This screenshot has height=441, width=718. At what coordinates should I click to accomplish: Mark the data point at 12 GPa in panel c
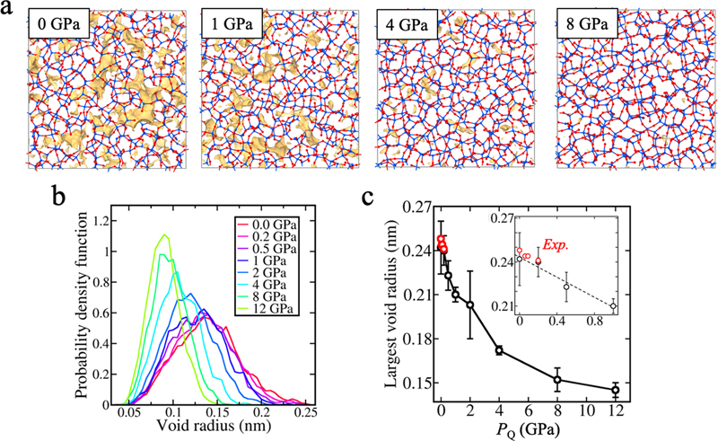click(x=616, y=389)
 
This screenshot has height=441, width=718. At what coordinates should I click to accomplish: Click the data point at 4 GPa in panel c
click(x=499, y=350)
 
